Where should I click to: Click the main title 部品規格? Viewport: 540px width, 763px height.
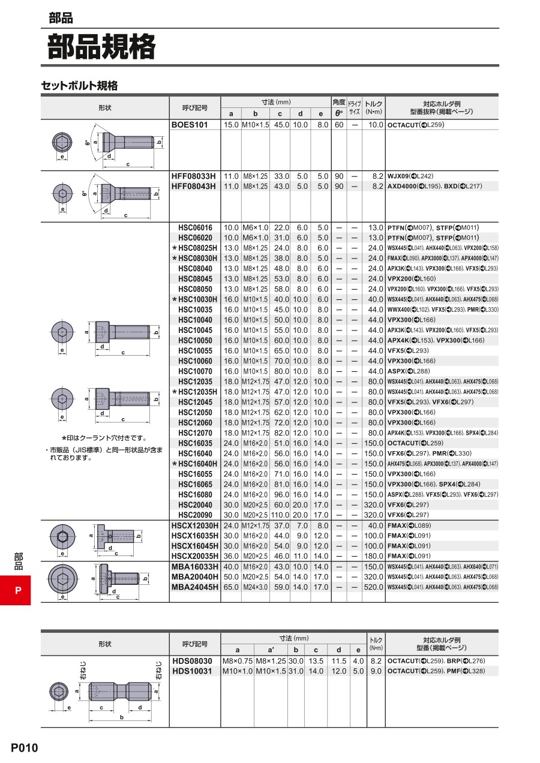click(x=101, y=47)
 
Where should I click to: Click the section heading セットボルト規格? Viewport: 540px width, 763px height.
click(x=79, y=86)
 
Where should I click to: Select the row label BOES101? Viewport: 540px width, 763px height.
click(x=190, y=125)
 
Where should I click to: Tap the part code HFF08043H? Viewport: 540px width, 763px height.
click(x=193, y=187)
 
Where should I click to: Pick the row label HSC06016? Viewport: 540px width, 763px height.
click(x=195, y=227)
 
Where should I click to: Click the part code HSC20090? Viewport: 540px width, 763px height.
click(x=195, y=515)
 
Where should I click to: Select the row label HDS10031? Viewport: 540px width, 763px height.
click(x=192, y=671)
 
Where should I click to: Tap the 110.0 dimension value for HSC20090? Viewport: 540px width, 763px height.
click(x=280, y=515)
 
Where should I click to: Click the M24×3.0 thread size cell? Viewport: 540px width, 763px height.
click(x=255, y=587)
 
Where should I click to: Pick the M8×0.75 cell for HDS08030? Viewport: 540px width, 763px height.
click(x=238, y=660)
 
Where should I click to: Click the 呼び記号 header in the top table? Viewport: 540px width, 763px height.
click(x=195, y=109)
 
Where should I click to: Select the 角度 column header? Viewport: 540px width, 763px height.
click(x=338, y=102)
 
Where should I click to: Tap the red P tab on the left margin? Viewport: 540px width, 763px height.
click(x=18, y=590)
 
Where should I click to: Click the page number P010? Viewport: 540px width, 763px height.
click(x=24, y=747)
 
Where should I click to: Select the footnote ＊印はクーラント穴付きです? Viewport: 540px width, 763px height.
click(x=104, y=438)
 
